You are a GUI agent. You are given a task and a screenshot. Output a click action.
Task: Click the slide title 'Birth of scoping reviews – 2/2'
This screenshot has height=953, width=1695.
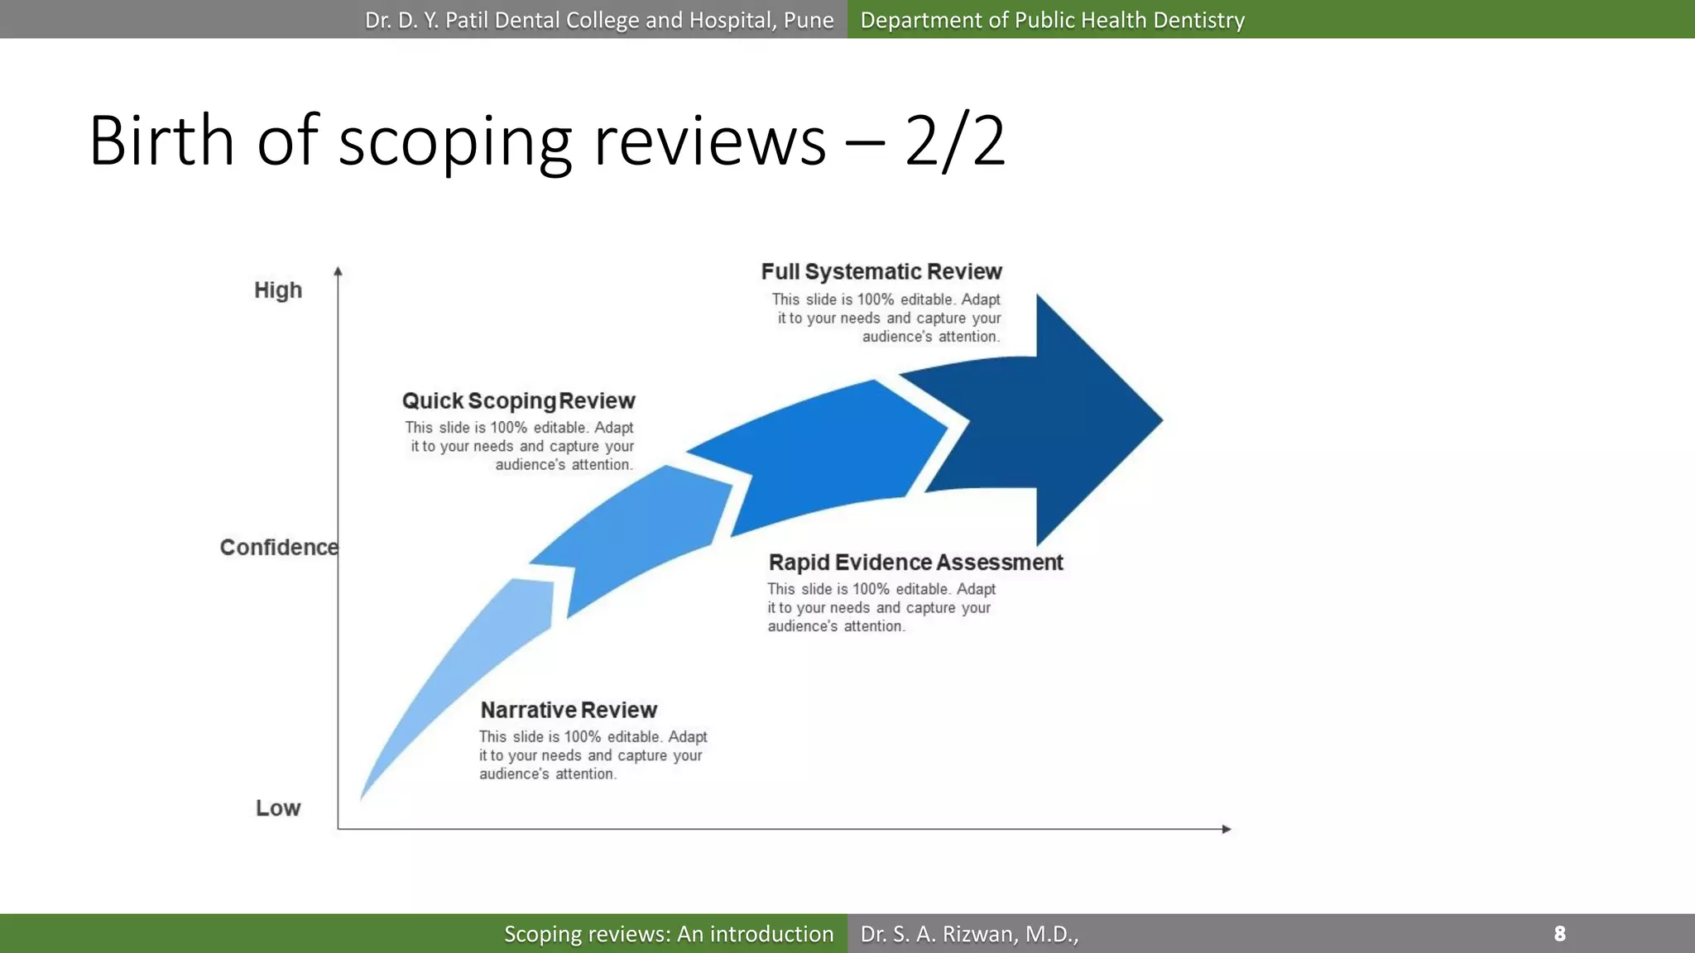[546, 141]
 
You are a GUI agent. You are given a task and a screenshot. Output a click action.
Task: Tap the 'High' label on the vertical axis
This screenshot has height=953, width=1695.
[278, 290]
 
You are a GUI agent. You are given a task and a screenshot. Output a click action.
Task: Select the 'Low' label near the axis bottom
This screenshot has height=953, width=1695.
[278, 808]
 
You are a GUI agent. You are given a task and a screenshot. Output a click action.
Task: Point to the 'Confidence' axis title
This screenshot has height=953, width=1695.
[279, 548]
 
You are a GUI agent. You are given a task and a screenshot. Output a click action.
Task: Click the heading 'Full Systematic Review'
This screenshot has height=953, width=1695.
[881, 272]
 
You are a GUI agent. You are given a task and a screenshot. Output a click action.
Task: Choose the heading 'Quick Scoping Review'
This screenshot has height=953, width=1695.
[519, 401]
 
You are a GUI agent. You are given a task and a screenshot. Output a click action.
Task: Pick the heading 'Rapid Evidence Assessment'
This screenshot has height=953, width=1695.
[915, 563]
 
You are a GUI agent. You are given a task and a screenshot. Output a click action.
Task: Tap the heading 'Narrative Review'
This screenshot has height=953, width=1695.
[569, 711]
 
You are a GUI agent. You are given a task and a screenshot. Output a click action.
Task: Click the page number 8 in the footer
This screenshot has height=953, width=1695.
[1559, 934]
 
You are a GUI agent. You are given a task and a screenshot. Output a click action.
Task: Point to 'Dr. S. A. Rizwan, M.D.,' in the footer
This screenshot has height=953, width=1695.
[969, 934]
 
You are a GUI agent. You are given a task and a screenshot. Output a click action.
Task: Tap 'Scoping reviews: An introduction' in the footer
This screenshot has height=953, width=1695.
[669, 934]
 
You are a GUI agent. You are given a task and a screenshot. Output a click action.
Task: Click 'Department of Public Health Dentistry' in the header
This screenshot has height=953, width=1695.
[1052, 20]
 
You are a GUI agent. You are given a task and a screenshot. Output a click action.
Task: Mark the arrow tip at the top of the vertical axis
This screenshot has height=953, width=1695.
[338, 271]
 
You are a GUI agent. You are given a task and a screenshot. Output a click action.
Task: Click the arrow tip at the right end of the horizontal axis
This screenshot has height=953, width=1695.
[1227, 829]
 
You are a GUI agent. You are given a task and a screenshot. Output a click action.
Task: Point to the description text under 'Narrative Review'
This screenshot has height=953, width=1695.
[593, 755]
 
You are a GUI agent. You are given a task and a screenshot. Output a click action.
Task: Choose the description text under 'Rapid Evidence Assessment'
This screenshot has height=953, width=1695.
[881, 608]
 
